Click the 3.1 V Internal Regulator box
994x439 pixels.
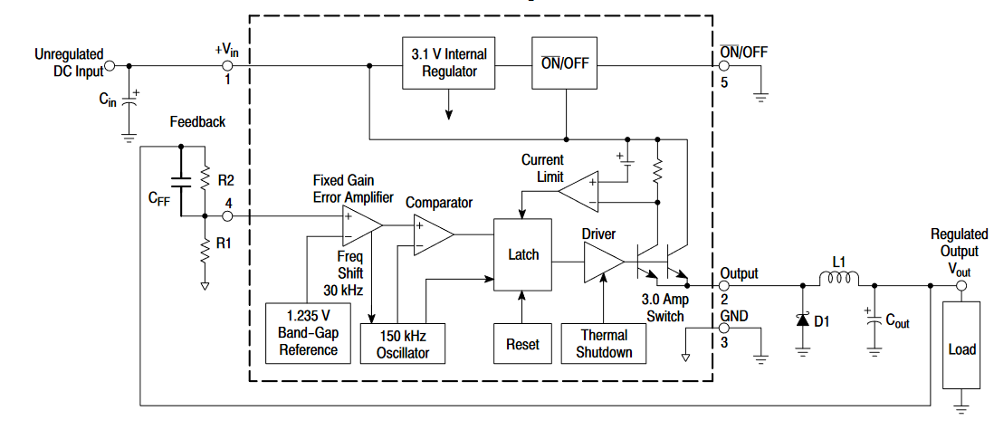pos(449,62)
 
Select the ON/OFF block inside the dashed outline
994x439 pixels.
pos(564,62)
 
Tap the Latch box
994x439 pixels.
pos(523,254)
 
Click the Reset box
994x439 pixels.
pos(522,344)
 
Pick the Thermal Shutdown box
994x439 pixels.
pos(604,344)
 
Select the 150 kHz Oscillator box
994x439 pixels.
pos(403,344)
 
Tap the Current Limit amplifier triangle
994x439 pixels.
pos(578,192)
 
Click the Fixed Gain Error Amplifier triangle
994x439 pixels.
pos(362,225)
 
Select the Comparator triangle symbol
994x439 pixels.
pos(434,234)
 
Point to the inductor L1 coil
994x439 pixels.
pos(839,279)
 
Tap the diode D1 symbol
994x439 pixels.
pos(803,320)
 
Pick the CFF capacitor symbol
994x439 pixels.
pos(181,182)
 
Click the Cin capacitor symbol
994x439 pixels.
pos(129,100)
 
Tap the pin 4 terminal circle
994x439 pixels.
pos(227,216)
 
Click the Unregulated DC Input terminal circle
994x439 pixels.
pos(110,65)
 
